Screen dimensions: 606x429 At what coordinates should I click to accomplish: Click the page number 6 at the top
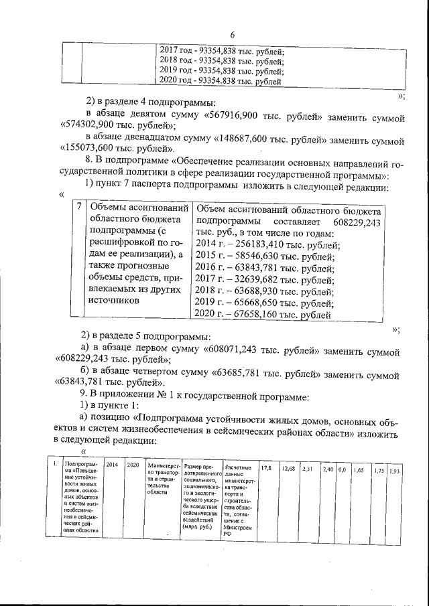(233, 35)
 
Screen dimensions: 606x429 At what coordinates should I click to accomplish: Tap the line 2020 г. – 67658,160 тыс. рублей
(264, 314)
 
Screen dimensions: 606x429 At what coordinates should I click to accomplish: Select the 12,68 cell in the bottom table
(288, 468)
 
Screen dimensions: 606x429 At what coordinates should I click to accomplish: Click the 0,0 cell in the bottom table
(342, 469)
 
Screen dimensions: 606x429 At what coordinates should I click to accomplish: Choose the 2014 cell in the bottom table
(112, 464)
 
